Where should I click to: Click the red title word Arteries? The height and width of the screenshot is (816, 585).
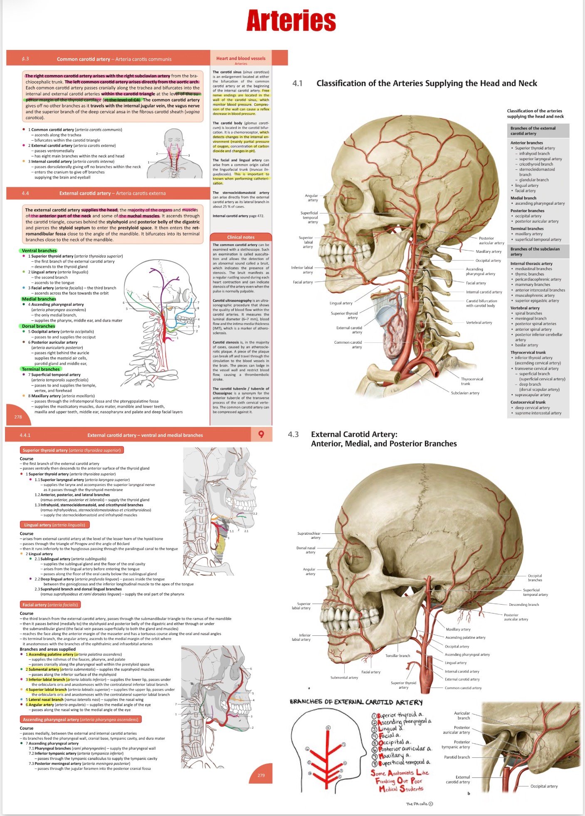[291, 21]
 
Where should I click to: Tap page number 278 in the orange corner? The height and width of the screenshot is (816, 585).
[18, 417]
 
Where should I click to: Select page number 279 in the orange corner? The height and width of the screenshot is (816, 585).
[261, 775]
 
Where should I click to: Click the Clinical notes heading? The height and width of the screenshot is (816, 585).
[241, 237]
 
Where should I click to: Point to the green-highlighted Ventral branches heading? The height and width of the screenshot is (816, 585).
[39, 251]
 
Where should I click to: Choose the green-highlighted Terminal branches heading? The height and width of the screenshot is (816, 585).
[41, 369]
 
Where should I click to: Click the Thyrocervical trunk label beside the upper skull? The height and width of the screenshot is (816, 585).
[471, 381]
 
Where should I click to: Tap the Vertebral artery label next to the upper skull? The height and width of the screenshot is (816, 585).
[479, 322]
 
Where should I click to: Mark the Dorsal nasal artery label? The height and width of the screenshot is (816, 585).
[306, 550]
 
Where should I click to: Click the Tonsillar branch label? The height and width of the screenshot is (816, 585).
[397, 656]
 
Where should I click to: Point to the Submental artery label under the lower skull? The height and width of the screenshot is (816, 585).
[344, 677]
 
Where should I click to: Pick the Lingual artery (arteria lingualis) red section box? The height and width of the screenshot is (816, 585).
[54, 525]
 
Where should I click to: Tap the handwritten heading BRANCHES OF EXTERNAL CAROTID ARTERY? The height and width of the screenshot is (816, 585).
[356, 702]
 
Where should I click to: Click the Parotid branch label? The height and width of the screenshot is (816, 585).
[457, 757]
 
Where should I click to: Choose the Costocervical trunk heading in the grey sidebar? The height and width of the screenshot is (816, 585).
[528, 402]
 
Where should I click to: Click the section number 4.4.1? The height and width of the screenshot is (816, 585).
[25, 435]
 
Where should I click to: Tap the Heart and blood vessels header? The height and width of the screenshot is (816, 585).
[241, 58]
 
